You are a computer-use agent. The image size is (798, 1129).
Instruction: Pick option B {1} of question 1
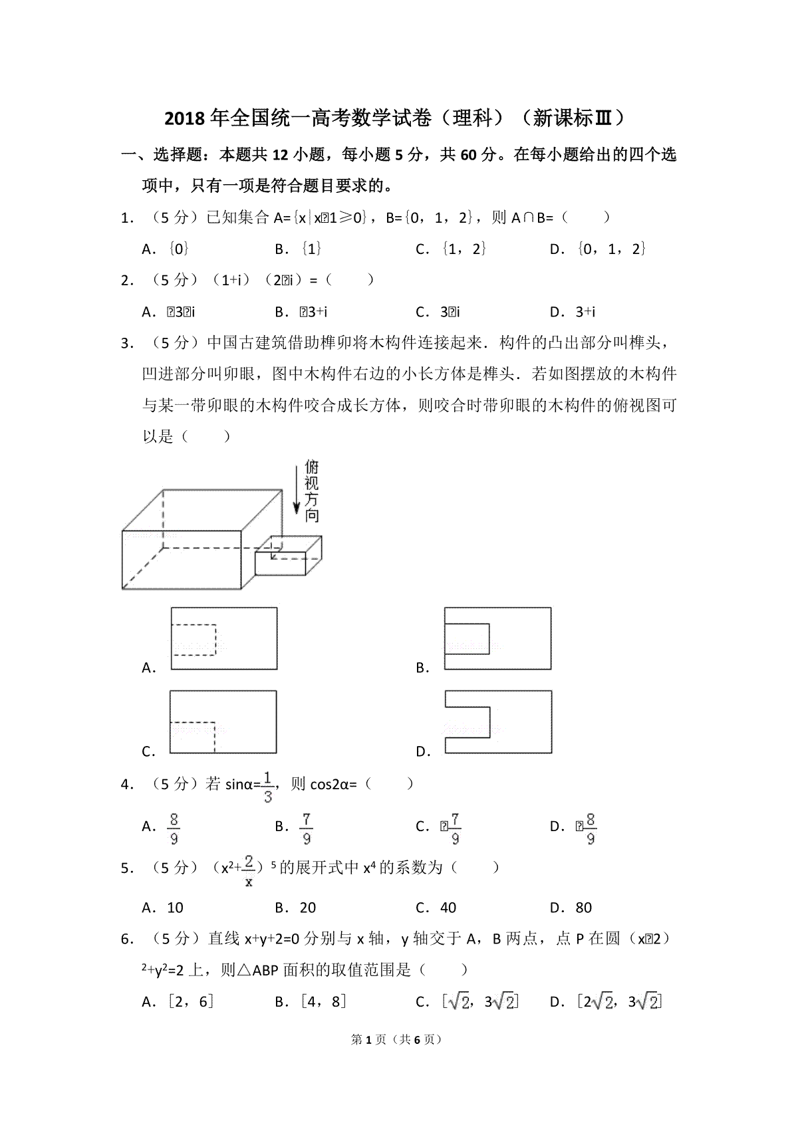[x=303, y=249]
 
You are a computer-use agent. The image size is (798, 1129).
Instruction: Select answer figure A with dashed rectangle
[x=224, y=638]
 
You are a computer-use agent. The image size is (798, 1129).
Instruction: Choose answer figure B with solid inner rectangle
[x=497, y=638]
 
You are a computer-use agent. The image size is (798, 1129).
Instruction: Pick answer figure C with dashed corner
[x=223, y=721]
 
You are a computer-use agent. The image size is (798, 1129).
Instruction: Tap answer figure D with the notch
[x=497, y=721]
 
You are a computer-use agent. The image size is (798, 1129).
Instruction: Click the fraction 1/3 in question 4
[x=267, y=787]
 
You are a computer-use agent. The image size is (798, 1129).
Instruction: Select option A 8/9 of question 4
[x=174, y=828]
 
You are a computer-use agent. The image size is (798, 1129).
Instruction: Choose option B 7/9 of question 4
[x=307, y=828]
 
